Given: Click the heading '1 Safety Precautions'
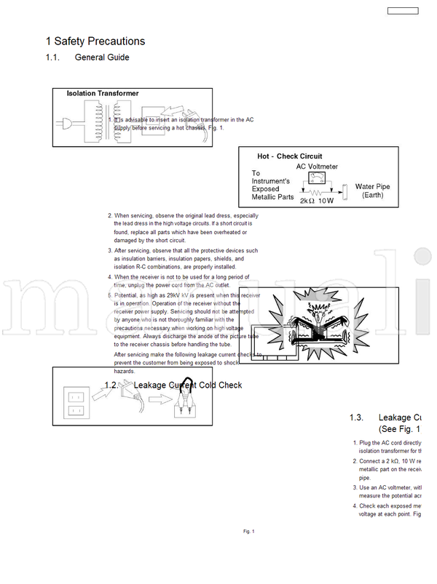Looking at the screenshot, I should tap(95, 41).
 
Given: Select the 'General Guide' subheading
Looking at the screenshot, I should tap(102, 57).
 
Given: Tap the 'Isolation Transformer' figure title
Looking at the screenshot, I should tap(102, 94).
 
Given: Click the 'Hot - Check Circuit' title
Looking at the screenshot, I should tap(289, 156).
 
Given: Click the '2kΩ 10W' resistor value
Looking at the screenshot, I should tap(316, 201).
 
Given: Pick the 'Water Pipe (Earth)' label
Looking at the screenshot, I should tap(372, 191).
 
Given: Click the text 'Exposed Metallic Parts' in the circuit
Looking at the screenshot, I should tap(272, 192).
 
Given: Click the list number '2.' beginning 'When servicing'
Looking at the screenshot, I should tap(110, 216).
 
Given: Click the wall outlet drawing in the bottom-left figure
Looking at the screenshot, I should tap(75, 403).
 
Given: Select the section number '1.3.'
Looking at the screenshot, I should tap(356, 417).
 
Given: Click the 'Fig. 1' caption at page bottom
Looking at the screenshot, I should tap(248, 532).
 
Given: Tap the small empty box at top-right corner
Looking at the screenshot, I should tap(403, 11).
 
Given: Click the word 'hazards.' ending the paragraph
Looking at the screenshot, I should tap(125, 371).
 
